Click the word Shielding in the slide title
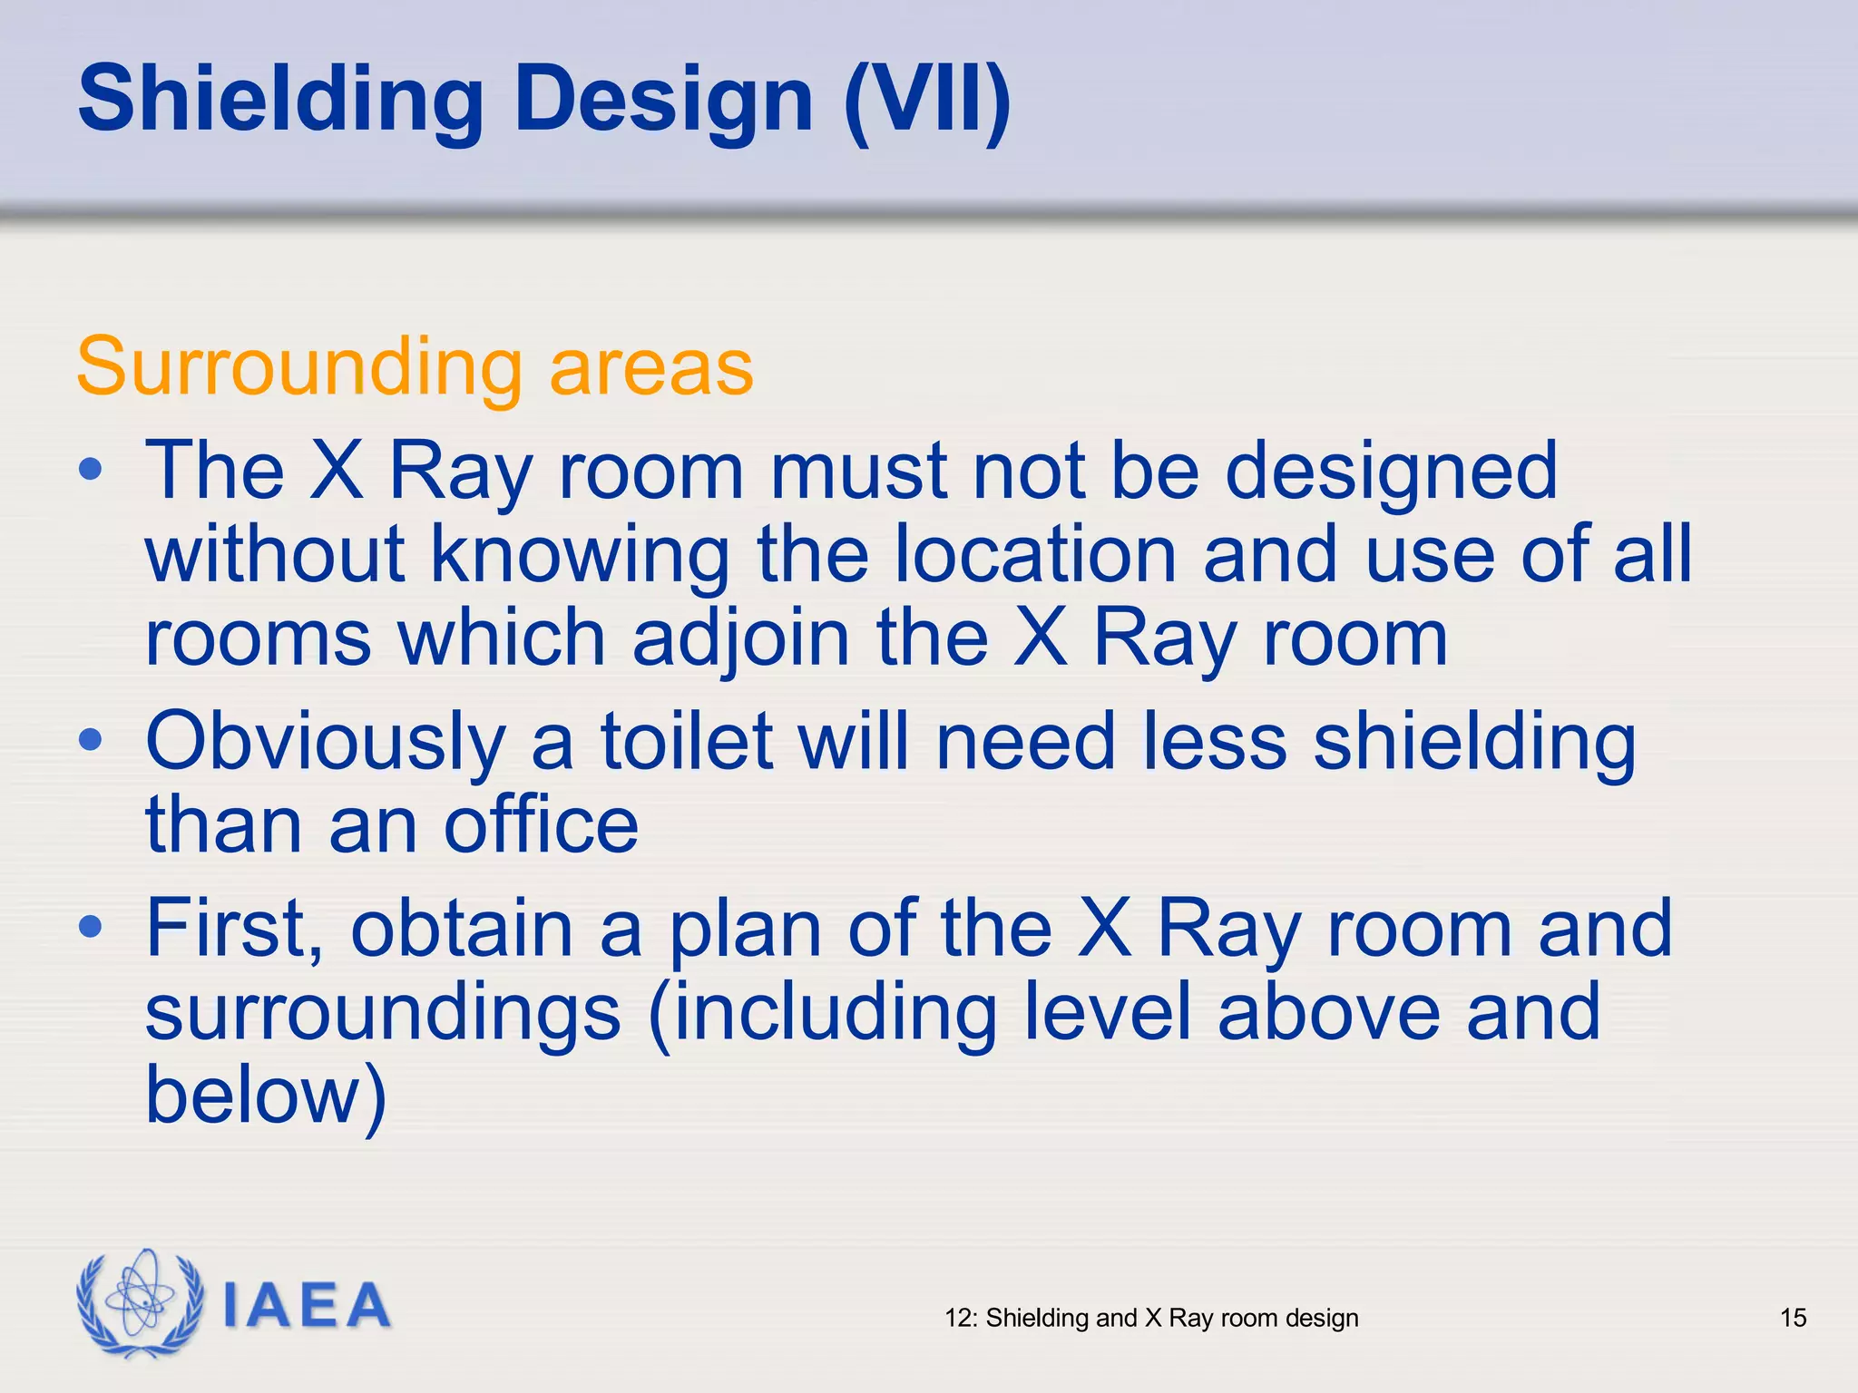coord(281,100)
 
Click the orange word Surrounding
coord(299,367)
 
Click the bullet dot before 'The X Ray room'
coord(90,470)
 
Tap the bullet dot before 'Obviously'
coord(90,740)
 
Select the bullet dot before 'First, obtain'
coord(90,927)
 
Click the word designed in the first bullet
coord(1392,472)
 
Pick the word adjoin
coord(740,638)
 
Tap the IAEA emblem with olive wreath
coord(140,1303)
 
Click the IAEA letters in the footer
coord(307,1306)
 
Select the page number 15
coord(1793,1318)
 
